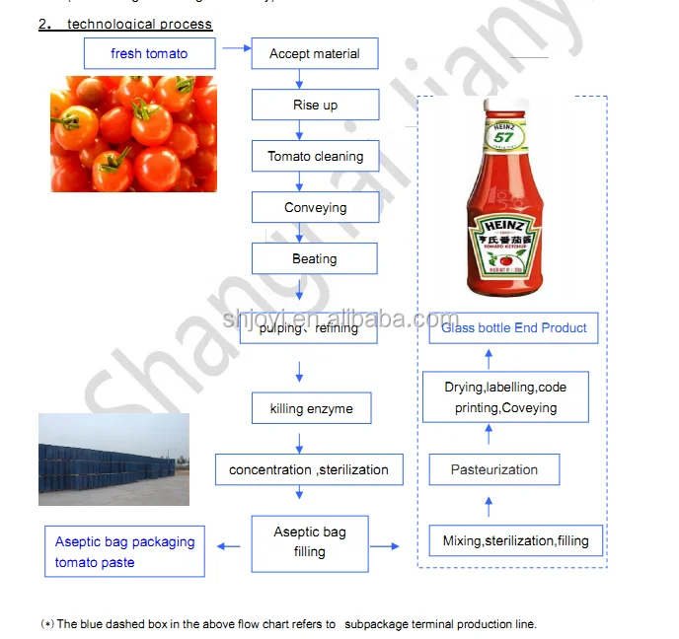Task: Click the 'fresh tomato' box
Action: (149, 53)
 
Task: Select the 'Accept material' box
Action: (315, 54)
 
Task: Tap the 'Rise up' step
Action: (315, 106)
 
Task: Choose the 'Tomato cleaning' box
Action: (315, 157)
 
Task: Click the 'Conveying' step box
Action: (315, 208)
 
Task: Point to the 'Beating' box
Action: (315, 259)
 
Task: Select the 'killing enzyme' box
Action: (311, 408)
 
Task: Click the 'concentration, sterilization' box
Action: (309, 469)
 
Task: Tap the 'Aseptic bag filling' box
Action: (309, 542)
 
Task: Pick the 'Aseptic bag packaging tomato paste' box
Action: (124, 551)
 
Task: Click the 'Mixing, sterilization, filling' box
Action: (516, 540)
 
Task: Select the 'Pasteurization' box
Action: (493, 469)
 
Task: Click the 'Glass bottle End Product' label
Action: (513, 328)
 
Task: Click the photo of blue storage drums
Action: (113, 460)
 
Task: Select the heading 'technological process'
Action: (139, 24)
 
